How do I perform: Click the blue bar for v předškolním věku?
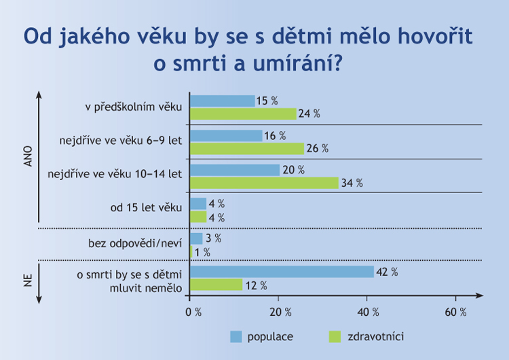pos(222,101)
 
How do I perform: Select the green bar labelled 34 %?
pos(264,183)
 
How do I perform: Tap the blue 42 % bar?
pos(282,272)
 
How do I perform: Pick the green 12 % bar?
pos(216,285)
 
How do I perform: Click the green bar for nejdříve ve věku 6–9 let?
pos(246,148)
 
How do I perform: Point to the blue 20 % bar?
pos(234,170)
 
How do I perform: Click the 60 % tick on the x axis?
pos(455,312)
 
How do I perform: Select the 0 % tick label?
pos(193,312)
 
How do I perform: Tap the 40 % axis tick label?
pos(368,312)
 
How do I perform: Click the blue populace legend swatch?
pos(236,336)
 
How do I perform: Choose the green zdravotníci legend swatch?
pos(333,336)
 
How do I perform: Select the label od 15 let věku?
pos(147,208)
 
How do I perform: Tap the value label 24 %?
pos(309,113)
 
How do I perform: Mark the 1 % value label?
pos(202,252)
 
